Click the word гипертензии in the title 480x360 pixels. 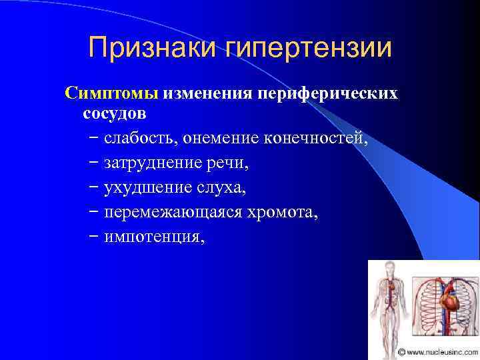(309, 49)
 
